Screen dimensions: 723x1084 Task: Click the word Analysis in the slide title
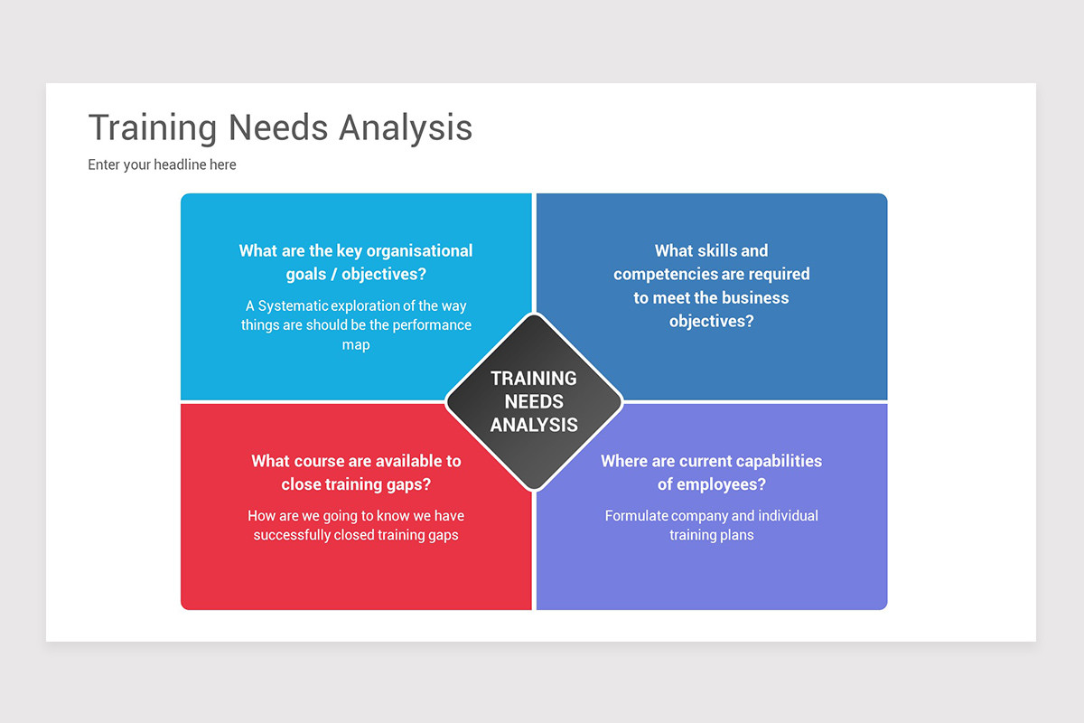tap(406, 127)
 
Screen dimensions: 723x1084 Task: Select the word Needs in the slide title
tap(278, 127)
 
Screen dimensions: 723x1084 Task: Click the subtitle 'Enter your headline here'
tap(162, 164)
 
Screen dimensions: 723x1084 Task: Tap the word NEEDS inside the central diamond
tap(534, 401)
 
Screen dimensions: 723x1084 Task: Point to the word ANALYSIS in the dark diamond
tap(534, 425)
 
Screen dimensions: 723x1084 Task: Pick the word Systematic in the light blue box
tap(293, 306)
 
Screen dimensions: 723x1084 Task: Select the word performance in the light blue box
tap(433, 325)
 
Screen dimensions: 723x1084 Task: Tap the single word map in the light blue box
tap(356, 344)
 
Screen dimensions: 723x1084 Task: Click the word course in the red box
tap(322, 461)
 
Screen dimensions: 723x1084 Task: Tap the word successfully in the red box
tap(293, 535)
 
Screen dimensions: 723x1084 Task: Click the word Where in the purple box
tap(624, 461)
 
